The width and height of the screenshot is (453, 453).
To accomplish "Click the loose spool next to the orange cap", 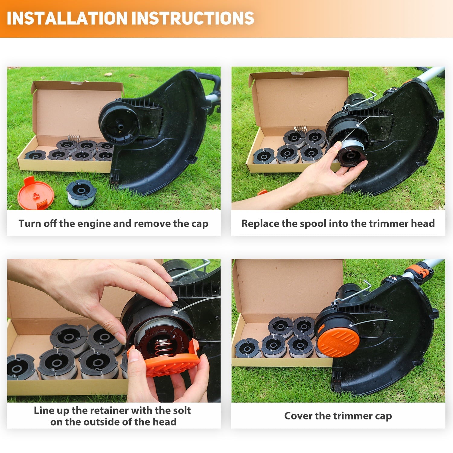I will pos(81,193).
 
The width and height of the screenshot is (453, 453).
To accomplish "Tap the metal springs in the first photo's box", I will pos(73,138).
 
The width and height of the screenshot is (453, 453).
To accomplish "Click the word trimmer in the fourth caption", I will pos(353,416).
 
